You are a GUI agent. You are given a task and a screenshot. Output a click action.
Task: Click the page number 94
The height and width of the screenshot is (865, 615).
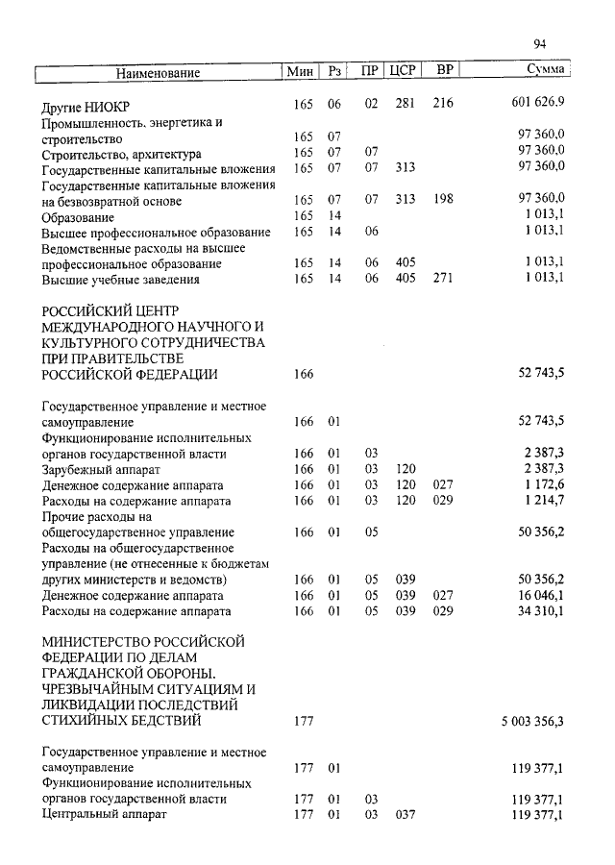539,43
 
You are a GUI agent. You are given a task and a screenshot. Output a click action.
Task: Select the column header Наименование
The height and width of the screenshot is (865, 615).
159,73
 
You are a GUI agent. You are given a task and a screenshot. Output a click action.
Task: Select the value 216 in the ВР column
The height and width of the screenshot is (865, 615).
443,103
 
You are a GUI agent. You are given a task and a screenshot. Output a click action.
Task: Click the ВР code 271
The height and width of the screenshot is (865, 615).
443,280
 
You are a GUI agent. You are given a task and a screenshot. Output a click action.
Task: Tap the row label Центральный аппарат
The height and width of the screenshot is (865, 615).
105,815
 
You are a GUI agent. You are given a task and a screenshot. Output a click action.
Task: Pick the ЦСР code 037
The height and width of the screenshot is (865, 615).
405,815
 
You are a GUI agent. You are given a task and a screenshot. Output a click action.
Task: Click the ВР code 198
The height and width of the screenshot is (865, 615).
443,200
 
